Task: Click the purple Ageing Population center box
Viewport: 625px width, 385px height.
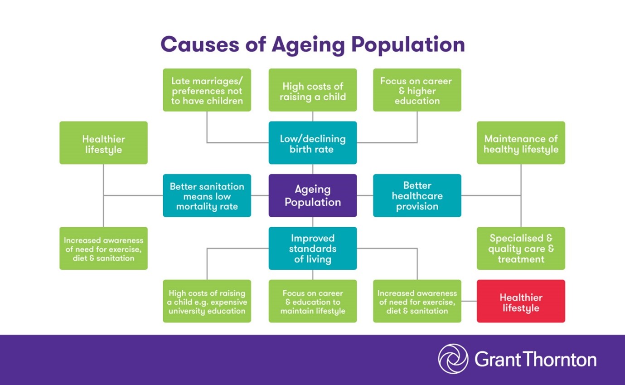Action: point(313,195)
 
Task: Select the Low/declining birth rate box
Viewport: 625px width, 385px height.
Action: point(313,143)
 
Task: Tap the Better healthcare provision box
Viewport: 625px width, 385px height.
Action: point(417,195)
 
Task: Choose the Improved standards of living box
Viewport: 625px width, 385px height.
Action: point(313,248)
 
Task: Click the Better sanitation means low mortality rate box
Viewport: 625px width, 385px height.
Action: point(207,195)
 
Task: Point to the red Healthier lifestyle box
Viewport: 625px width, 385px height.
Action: point(521,301)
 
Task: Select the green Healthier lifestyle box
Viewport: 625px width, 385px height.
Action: point(103,143)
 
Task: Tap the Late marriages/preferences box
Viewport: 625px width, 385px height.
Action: point(207,90)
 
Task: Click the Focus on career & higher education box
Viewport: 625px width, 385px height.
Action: point(417,90)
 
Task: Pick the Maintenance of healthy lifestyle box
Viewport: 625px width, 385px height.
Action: point(521,143)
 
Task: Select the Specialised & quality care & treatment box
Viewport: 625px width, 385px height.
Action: point(521,248)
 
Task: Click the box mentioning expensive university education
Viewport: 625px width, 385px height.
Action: point(207,301)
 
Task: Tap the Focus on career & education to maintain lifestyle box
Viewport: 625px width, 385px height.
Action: point(313,301)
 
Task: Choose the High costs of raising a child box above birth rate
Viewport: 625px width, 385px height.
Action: point(313,90)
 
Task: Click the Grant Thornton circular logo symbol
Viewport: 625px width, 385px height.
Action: point(453,359)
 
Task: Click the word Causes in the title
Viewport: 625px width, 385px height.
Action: point(200,44)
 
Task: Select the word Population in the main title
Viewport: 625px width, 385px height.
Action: point(408,45)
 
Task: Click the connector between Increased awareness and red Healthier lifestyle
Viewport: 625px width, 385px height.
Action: point(469,301)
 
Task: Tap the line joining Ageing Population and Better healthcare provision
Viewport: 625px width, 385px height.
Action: point(365,195)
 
